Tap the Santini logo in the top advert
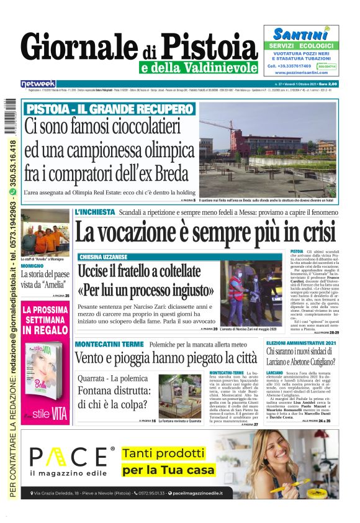[x=300, y=35]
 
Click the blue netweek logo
[x=38, y=83]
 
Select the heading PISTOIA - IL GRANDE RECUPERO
[x=110, y=109]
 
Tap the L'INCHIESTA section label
[x=94, y=212]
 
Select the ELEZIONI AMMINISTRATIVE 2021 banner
[x=301, y=343]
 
